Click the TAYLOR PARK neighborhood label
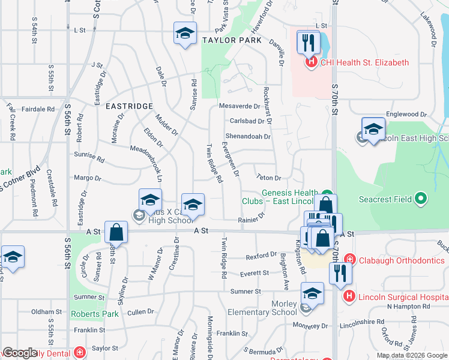(x=232, y=40)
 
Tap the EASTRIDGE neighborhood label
(x=129, y=106)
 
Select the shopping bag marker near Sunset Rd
(x=116, y=232)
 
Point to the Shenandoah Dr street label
(x=248, y=136)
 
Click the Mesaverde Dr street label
(x=239, y=106)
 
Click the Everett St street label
(x=254, y=273)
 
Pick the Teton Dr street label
(x=268, y=178)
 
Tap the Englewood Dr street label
(x=406, y=114)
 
